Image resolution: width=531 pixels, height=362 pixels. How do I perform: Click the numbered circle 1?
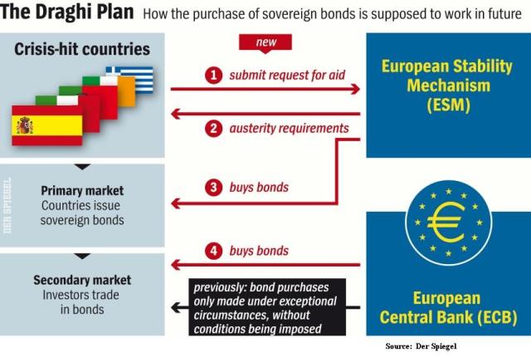click(214, 76)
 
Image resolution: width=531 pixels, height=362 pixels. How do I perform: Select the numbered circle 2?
click(214, 128)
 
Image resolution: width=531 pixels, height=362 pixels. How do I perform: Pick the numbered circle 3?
click(214, 188)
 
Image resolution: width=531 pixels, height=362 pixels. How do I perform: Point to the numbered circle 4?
click(214, 250)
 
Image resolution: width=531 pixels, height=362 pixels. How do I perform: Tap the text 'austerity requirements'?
click(289, 128)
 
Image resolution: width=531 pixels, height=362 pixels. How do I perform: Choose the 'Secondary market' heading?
click(82, 281)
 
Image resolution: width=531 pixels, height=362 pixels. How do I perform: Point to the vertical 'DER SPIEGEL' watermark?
click(7, 207)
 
